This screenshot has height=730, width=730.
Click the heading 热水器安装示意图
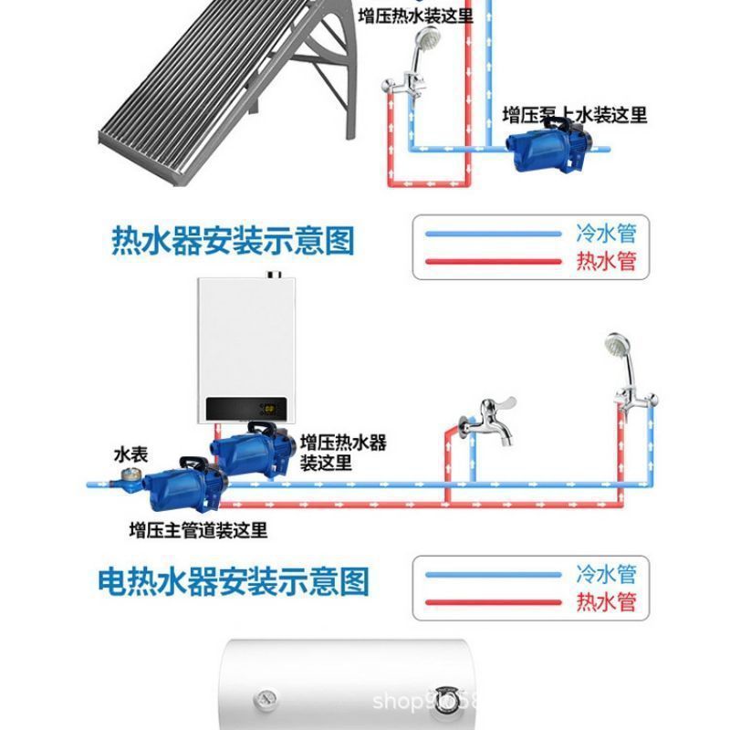[232, 242]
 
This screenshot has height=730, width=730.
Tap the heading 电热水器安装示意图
[233, 580]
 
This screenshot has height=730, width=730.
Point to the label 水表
[130, 454]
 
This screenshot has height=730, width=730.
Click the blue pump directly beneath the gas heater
[251, 453]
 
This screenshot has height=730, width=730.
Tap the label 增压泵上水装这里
[575, 115]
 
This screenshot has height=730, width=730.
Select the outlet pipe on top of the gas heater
[271, 275]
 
